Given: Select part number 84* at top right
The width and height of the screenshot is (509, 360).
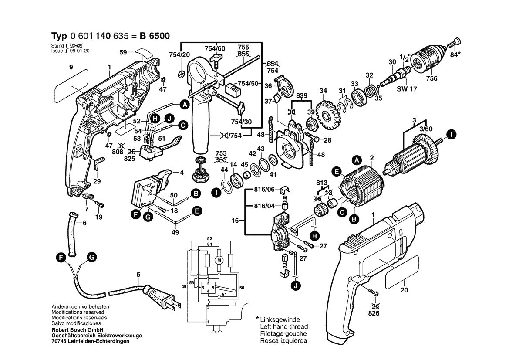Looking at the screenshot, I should (455, 55).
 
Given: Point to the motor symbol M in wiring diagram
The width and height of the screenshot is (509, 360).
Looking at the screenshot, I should (219, 260).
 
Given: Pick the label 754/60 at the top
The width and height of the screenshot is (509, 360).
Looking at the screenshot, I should (216, 48).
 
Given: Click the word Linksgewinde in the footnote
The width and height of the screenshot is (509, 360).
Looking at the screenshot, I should (280, 320).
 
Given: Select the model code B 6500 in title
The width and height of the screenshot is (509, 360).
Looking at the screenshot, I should (155, 36).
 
